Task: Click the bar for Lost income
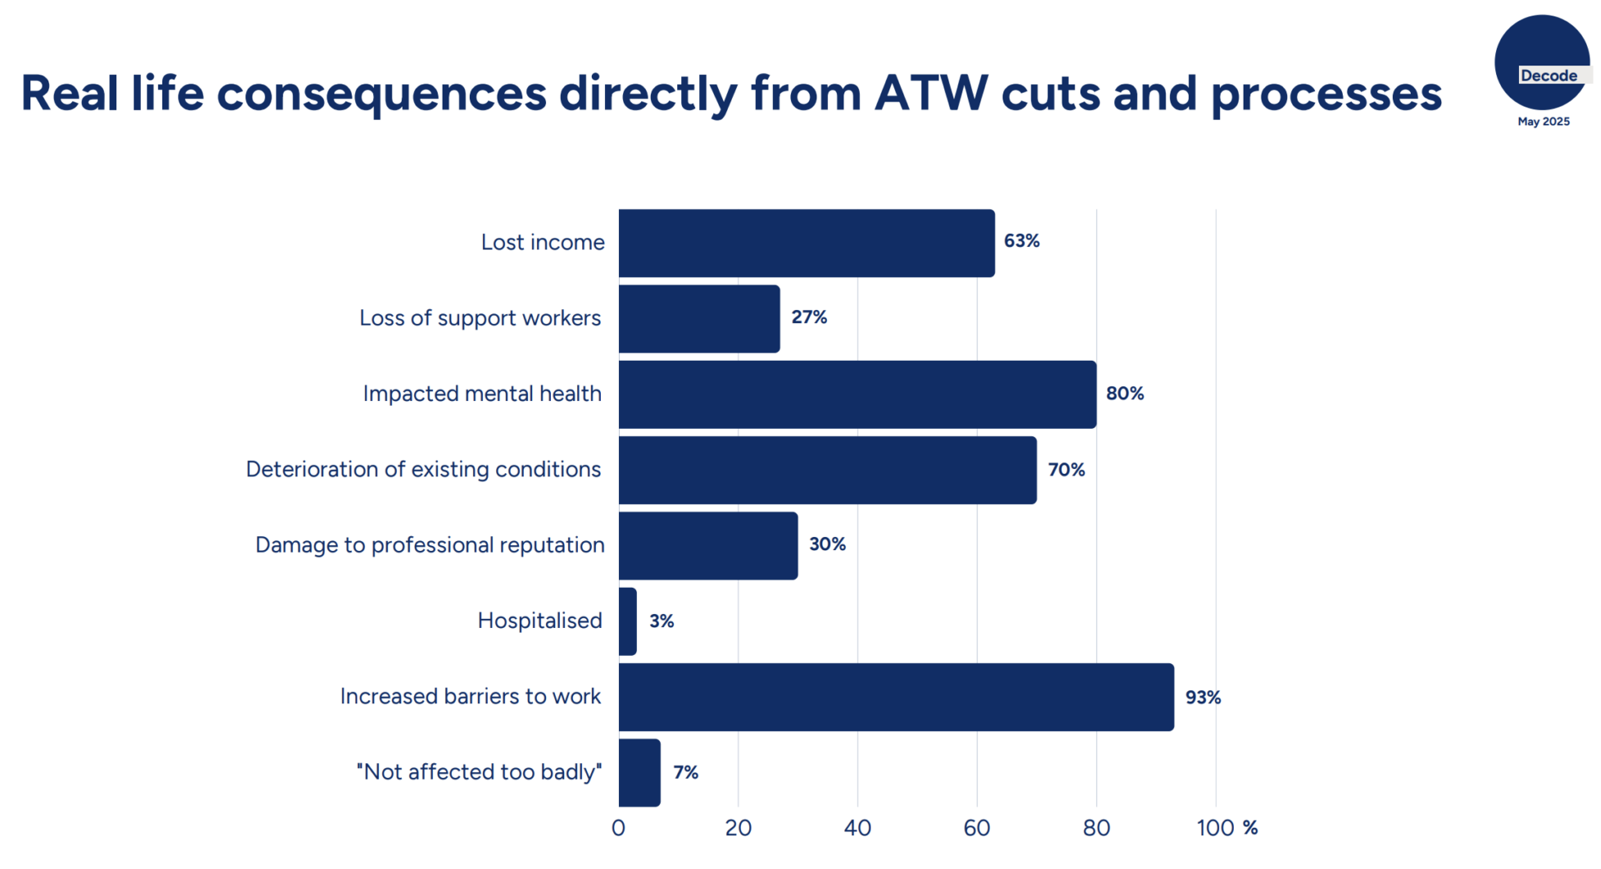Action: coord(806,243)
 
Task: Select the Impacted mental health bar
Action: coord(857,394)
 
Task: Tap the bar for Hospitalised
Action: coord(628,621)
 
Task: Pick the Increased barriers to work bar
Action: coord(895,697)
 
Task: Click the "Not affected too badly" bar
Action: coord(639,772)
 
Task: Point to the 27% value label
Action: coord(809,317)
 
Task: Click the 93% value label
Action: coord(1203,697)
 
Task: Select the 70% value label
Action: coord(1066,470)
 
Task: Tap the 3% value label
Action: coord(662,621)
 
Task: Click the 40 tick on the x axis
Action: coord(857,828)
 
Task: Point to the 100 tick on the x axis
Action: coord(1215,828)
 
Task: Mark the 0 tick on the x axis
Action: coord(618,828)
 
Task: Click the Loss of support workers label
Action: coord(480,318)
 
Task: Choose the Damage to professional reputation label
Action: coord(430,545)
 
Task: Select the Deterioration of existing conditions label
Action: coord(423,470)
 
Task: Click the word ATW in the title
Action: coord(931,93)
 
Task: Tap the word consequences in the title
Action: coord(381,93)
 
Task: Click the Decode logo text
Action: coord(1549,75)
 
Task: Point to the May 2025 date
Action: coord(1543,121)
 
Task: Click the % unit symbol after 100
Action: coord(1249,828)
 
